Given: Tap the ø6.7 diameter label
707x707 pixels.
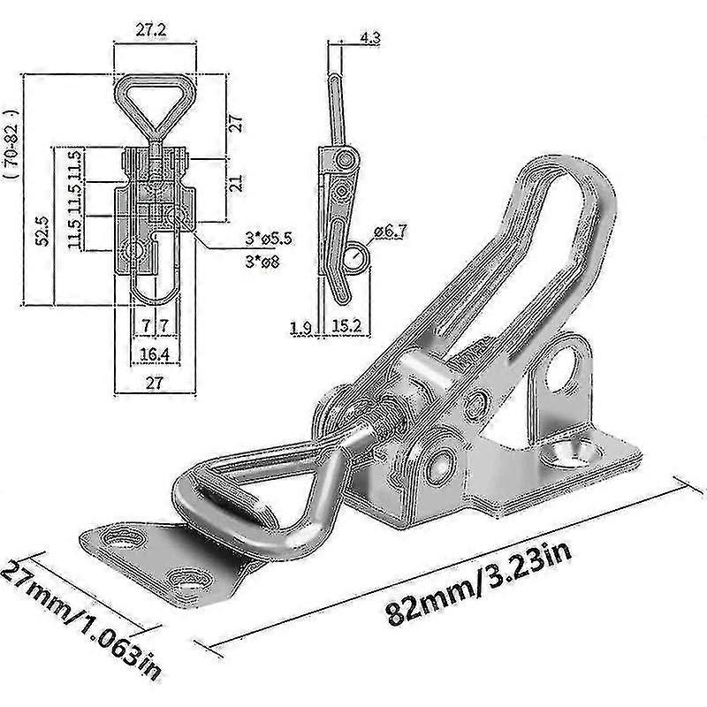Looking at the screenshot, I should point(392,232).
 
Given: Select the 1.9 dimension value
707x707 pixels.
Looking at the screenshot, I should point(301,329).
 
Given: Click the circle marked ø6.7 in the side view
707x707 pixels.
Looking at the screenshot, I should point(358,258).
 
